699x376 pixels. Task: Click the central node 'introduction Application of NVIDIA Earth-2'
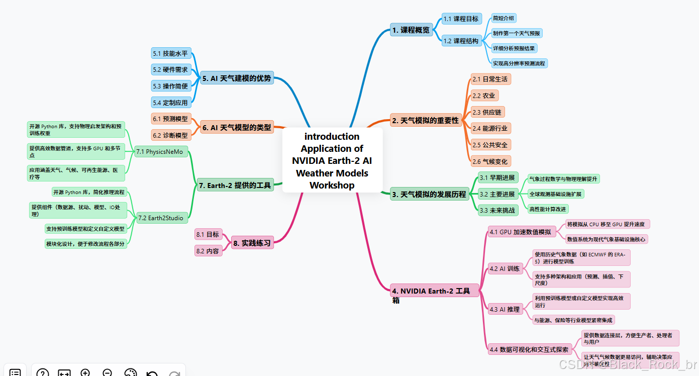click(x=332, y=160)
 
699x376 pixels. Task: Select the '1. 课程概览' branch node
click(x=411, y=30)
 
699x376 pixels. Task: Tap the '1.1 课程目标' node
click(x=461, y=19)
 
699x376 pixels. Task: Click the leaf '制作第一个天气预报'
click(x=517, y=33)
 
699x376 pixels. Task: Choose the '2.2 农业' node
click(x=484, y=96)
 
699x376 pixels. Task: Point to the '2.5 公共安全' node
click(x=490, y=145)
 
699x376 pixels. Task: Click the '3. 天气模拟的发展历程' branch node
click(x=429, y=194)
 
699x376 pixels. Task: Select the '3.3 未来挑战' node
click(x=497, y=210)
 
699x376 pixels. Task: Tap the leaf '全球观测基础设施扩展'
click(x=556, y=194)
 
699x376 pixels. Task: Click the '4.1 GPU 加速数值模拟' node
click(x=520, y=232)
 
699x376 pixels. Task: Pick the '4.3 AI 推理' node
click(x=505, y=309)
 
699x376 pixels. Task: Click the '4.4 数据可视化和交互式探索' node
click(x=529, y=349)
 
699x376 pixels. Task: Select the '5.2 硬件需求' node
click(x=171, y=70)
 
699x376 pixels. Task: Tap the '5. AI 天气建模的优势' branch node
click(x=237, y=78)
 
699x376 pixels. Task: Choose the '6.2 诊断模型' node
click(x=171, y=135)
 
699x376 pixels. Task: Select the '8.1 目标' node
click(x=208, y=234)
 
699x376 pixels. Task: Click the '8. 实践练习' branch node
click(x=252, y=243)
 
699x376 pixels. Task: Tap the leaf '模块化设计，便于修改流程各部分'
click(x=85, y=244)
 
